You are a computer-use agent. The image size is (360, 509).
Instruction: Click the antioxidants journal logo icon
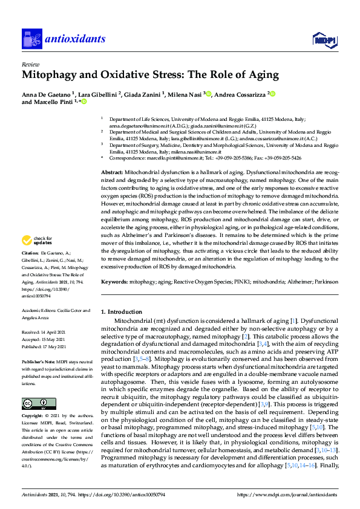31,39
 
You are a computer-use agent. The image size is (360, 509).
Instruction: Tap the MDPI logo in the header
324,40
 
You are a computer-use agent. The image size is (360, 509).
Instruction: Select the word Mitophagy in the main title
52,75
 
